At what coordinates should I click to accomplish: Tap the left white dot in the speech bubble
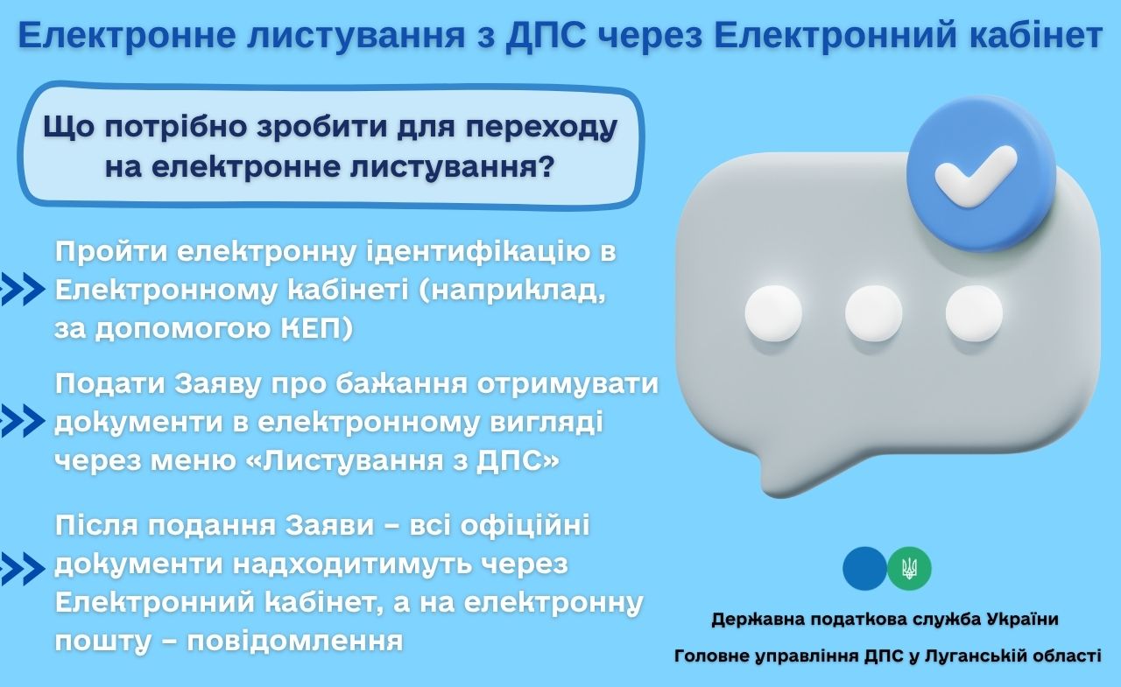click(x=773, y=313)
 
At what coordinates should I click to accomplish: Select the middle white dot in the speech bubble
click(x=874, y=313)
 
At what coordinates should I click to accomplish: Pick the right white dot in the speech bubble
click(x=974, y=313)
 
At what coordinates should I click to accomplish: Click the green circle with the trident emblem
click(x=909, y=569)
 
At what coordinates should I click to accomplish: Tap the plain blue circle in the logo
click(x=864, y=569)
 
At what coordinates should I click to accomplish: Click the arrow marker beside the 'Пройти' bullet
click(x=22, y=289)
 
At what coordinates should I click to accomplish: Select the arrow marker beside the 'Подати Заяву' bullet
click(x=22, y=421)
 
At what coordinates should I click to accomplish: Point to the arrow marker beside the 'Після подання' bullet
click(x=22, y=569)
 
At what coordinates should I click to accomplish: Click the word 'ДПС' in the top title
click(x=546, y=35)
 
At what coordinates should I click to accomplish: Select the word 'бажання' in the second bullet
click(x=401, y=384)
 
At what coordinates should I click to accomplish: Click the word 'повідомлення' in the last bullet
click(x=295, y=641)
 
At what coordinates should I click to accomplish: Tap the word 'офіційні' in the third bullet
click(x=525, y=525)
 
